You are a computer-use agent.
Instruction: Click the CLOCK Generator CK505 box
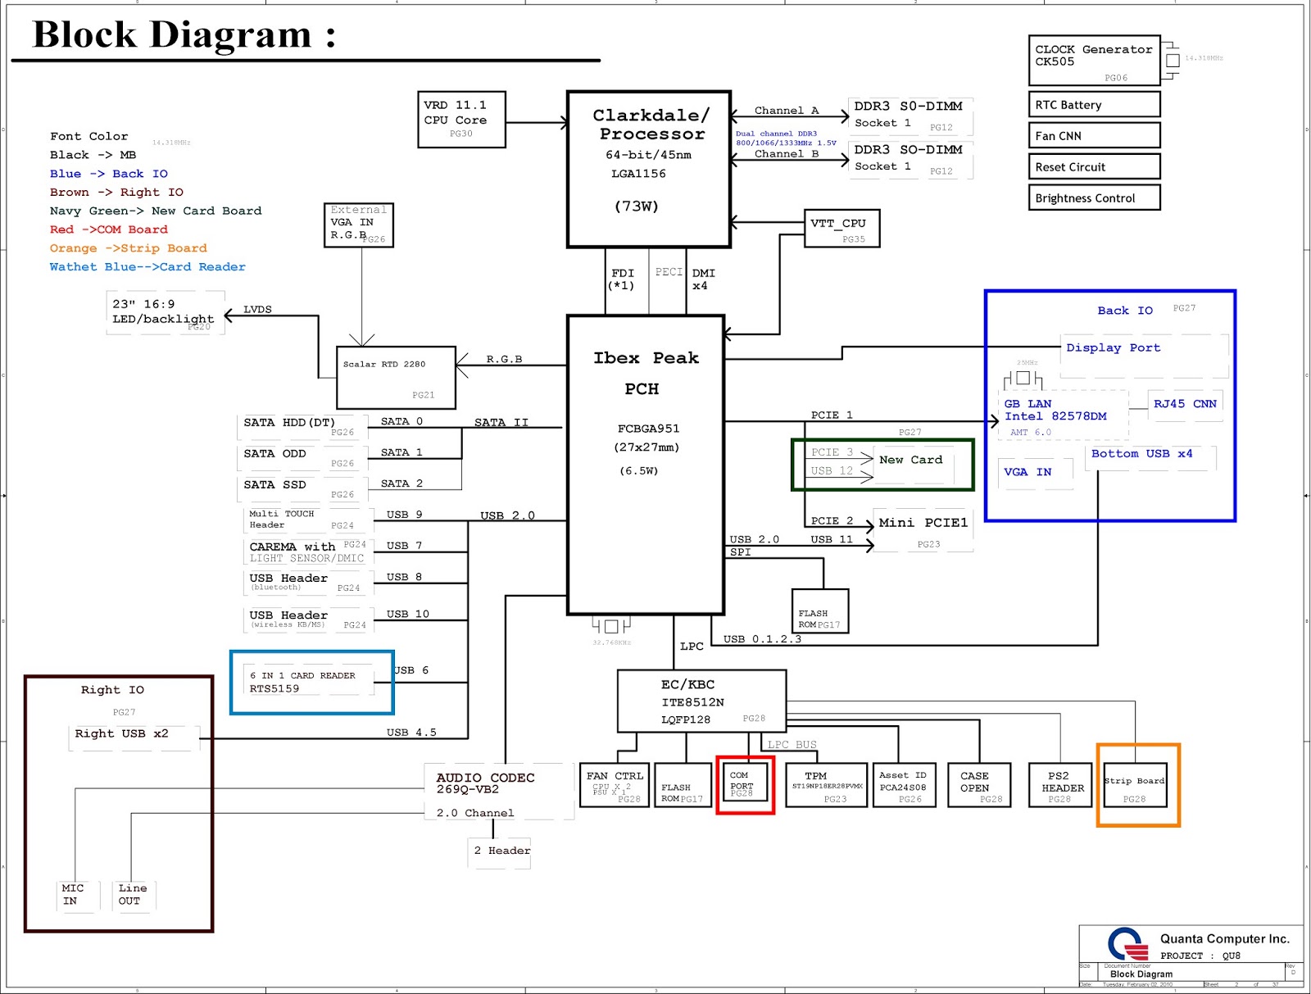pos(1094,60)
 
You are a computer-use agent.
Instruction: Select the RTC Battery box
pos(1094,104)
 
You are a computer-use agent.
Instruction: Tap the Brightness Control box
pos(1094,197)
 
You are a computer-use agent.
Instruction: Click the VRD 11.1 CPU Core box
pos(460,120)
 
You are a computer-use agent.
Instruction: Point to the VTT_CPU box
pos(842,228)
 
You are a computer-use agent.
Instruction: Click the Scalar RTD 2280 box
pos(396,377)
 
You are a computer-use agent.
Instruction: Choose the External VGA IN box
pos(359,225)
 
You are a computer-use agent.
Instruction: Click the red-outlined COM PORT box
pos(745,784)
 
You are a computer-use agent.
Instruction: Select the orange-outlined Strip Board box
pos(1137,785)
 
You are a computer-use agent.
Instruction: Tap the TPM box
pos(826,785)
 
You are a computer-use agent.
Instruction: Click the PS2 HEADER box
pos(1059,785)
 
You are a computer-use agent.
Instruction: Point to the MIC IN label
pos(72,894)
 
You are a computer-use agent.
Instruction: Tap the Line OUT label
pos(132,894)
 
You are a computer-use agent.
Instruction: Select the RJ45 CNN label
pos(1184,404)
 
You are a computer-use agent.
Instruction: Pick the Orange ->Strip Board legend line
pos(128,248)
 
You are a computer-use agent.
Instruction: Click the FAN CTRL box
pos(615,785)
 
